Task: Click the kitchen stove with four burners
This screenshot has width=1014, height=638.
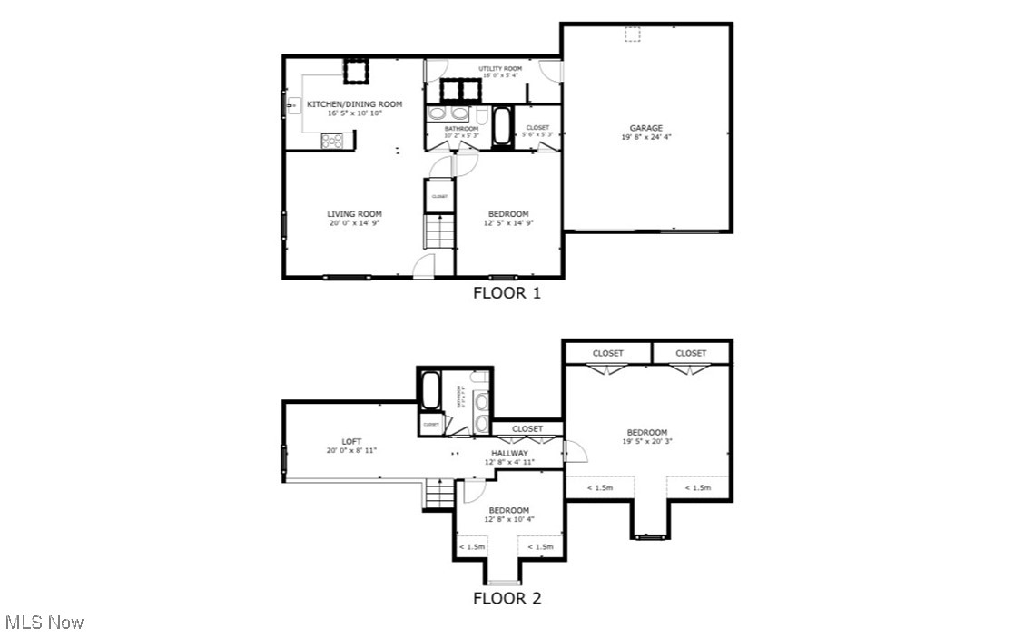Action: [x=331, y=140]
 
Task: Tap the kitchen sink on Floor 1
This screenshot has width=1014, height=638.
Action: [x=292, y=107]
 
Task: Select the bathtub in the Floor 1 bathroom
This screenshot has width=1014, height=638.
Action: [x=501, y=127]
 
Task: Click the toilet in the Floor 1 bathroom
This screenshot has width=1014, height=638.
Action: [x=480, y=114]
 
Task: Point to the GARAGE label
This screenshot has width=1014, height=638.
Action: [x=646, y=128]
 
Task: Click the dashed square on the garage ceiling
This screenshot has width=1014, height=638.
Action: [x=632, y=34]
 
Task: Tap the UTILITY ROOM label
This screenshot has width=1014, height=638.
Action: [x=500, y=69]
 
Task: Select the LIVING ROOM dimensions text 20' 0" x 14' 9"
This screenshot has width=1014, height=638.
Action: [x=354, y=223]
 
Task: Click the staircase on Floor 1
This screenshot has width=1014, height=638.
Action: [x=439, y=231]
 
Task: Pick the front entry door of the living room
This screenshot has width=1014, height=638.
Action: [x=423, y=266]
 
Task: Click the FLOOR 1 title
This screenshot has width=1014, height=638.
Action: [x=507, y=293]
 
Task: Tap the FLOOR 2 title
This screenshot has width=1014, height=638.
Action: [x=507, y=598]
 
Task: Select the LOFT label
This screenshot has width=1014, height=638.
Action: [x=351, y=441]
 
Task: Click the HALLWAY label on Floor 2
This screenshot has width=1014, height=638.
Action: [x=509, y=453]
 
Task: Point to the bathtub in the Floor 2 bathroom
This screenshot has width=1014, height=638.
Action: [x=431, y=392]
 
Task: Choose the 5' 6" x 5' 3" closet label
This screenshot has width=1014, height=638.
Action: [x=537, y=131]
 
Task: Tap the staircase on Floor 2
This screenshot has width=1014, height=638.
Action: [x=439, y=496]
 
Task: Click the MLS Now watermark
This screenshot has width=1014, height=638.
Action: [x=44, y=623]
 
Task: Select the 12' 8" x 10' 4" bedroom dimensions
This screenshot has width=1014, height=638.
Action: [x=508, y=520]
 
